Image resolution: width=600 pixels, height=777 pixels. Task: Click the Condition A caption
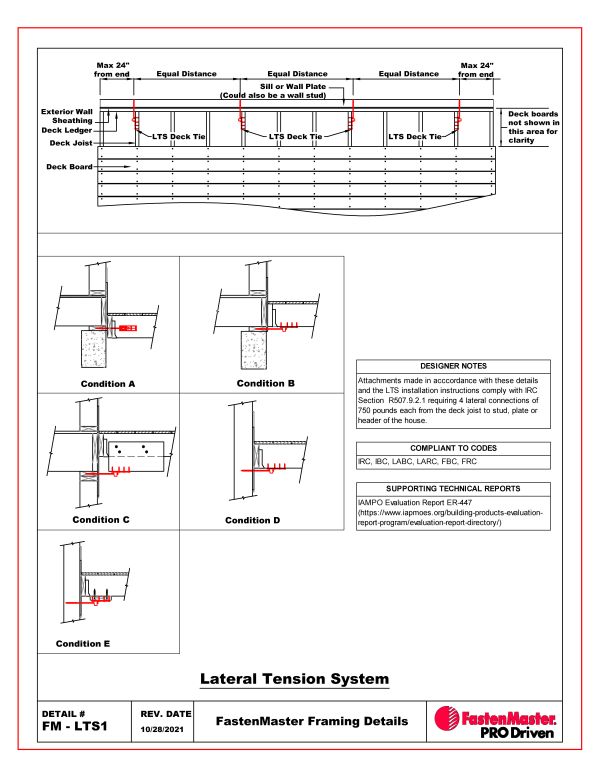[x=107, y=384]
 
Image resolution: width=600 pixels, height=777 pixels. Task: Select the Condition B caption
[x=267, y=383]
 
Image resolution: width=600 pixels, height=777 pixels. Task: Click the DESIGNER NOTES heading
[x=453, y=367]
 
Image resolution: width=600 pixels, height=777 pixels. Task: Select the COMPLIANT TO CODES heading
[x=453, y=448]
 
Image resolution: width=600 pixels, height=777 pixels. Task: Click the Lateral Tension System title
[x=294, y=679]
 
